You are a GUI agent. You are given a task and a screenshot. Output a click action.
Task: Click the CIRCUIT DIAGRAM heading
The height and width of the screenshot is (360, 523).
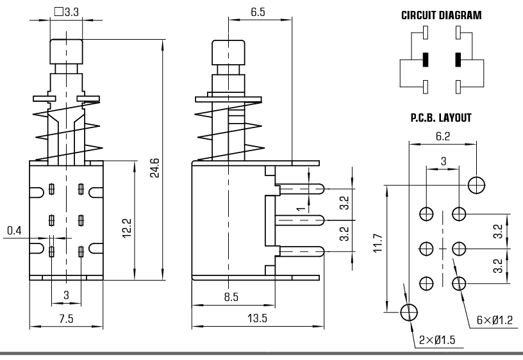[441, 15]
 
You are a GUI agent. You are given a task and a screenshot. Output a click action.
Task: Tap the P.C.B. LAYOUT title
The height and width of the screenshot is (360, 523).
[440, 118]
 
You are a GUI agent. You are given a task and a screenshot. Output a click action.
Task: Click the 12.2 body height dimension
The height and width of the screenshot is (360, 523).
[126, 228]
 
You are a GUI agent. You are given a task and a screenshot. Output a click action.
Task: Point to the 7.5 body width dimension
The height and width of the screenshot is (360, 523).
[65, 319]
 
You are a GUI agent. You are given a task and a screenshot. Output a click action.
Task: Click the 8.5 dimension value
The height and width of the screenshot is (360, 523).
[231, 297]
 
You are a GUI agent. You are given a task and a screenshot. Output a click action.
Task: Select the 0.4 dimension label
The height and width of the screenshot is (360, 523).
[15, 229]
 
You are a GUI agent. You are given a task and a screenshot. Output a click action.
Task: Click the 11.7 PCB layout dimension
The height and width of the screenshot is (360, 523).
[378, 244]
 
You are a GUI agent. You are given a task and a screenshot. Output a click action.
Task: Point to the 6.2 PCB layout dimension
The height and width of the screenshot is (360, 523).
[443, 136]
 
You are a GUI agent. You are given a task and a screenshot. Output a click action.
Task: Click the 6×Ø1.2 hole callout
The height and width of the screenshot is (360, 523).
[495, 318]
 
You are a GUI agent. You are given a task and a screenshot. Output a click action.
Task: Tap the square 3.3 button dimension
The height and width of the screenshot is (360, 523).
[67, 11]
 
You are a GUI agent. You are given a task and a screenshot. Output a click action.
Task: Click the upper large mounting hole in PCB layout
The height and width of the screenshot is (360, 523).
[476, 184]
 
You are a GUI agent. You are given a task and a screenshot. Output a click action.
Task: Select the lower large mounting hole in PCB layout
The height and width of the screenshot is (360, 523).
[408, 312]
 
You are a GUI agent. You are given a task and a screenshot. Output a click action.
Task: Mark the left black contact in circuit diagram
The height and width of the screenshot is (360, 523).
[425, 60]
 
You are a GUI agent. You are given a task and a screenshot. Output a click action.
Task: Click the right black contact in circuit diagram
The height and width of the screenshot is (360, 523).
[458, 60]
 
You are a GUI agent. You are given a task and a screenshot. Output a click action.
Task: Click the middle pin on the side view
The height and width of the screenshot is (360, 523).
[301, 220]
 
